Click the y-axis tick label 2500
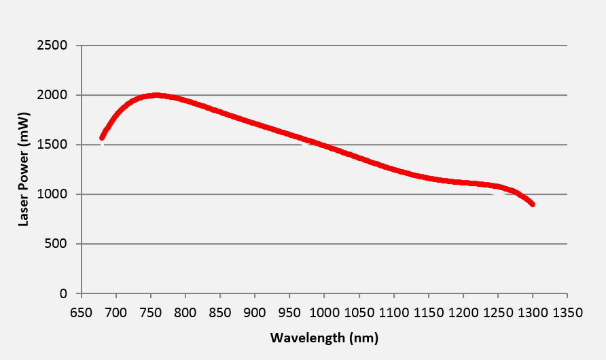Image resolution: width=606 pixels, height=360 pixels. coord(54,46)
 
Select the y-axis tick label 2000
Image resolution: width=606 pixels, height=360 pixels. coord(54,95)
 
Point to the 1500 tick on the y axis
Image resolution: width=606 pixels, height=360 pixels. coord(54,145)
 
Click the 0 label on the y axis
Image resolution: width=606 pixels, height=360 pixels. coord(65,293)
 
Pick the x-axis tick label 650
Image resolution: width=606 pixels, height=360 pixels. coord(82,313)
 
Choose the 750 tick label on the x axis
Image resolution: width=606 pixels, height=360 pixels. coord(151,313)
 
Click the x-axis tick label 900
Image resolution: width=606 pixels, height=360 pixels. coord(255,313)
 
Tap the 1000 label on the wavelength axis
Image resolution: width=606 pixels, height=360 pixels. coord(324,313)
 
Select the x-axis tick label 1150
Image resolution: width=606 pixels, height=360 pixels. coord(428,313)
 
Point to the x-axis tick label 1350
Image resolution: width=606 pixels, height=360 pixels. coord(567,313)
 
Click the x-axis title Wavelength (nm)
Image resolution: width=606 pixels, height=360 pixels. coord(324,338)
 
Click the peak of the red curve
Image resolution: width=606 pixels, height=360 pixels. coord(157,95)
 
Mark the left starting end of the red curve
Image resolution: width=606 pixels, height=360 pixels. coord(102,138)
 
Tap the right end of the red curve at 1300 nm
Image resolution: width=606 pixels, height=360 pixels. coord(533,204)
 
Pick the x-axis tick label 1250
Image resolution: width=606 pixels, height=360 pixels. coord(498,313)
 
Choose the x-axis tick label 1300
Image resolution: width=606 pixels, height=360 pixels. coord(533,313)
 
